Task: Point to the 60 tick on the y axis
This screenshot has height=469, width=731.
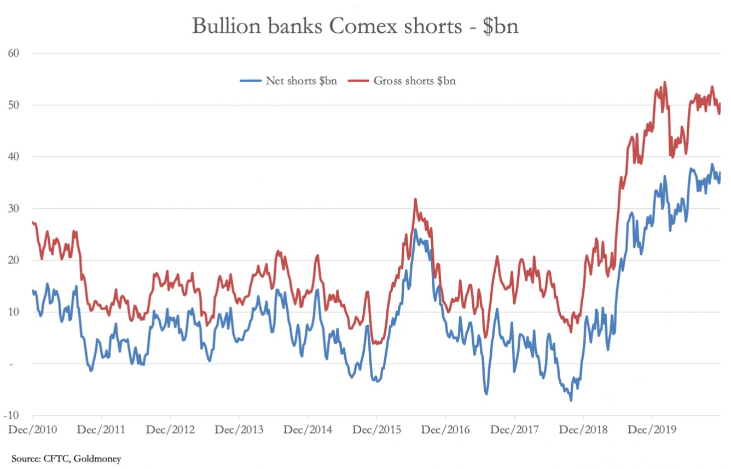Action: (14, 53)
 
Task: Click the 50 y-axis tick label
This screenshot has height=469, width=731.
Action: (14, 105)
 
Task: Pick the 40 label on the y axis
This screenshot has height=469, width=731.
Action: (14, 157)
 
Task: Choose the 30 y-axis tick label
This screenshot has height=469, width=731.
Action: (14, 208)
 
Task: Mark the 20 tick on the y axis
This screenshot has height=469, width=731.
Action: (14, 260)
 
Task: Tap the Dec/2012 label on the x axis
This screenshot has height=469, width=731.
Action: (171, 430)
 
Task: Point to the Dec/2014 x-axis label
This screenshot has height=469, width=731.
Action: (308, 430)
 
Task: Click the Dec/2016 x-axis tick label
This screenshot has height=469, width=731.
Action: (446, 430)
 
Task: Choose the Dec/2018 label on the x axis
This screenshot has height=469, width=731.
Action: (583, 430)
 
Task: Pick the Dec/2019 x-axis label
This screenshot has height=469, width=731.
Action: (652, 430)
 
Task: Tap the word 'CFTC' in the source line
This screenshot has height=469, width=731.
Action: (61, 459)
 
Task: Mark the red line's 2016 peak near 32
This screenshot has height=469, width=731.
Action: (416, 199)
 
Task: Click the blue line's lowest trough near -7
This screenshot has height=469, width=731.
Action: (571, 401)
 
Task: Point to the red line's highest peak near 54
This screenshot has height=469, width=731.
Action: (665, 83)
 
